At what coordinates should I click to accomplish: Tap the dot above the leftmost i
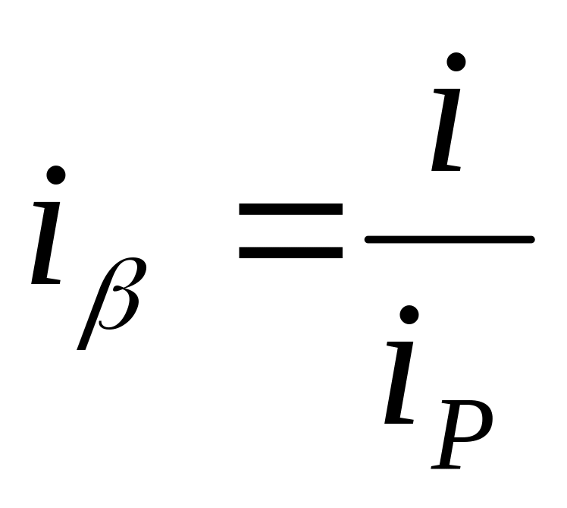pos(56,175)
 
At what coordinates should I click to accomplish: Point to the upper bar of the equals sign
pos(290,210)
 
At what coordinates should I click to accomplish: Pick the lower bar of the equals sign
pos(290,251)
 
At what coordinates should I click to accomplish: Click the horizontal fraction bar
pos(450,240)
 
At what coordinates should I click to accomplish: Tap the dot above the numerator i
pos(456,62)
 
